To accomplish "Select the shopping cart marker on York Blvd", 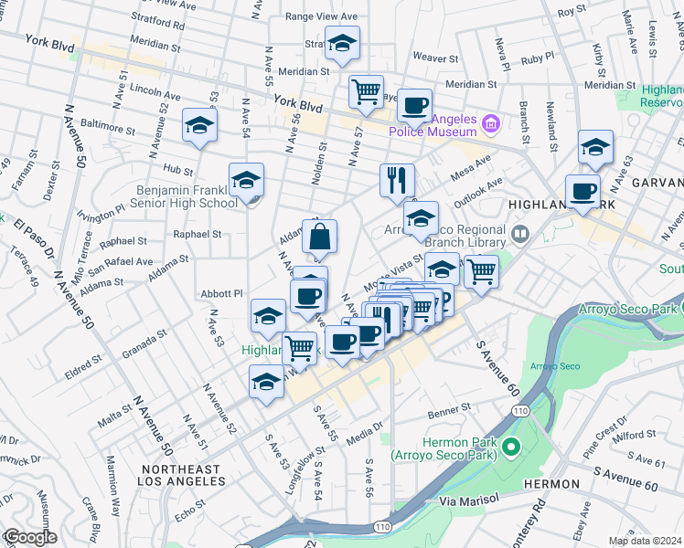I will click(366, 92).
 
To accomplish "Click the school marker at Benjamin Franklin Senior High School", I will click(246, 180).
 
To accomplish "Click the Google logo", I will click(30, 537).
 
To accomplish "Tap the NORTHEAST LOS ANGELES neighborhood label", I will click(181, 475).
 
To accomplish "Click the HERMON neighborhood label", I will click(551, 483).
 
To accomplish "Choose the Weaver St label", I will click(429, 57).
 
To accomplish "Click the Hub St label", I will click(178, 170).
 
